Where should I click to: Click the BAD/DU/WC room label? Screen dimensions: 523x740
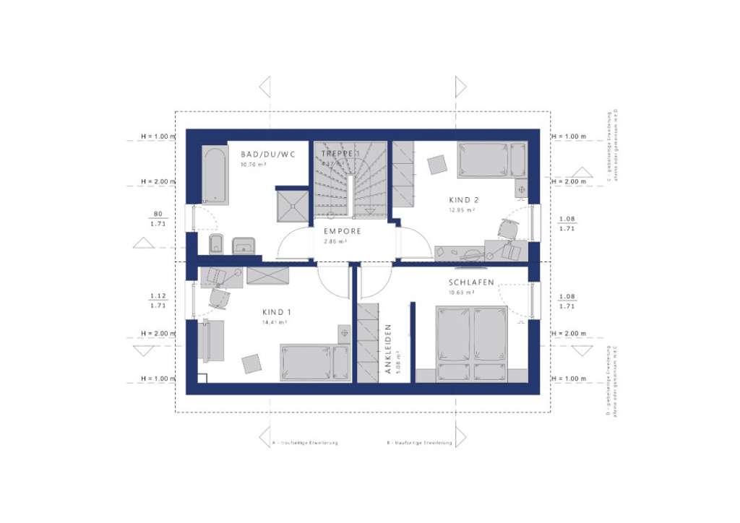268,155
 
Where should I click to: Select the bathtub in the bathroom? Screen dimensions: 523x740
215,175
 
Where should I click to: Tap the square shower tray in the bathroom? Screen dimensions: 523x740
293,204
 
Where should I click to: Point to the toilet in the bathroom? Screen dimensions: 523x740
215,245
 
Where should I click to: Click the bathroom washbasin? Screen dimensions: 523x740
244,246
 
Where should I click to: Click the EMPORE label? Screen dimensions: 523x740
342,232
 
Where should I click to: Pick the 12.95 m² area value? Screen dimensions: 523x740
460,210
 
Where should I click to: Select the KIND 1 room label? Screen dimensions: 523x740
275,312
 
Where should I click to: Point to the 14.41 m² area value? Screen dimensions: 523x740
275,322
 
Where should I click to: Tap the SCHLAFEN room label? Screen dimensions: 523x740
471,282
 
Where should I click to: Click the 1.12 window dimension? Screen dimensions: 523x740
157,295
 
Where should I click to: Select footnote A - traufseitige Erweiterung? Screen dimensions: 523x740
304,443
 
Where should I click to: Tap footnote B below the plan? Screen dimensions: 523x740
419,443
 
